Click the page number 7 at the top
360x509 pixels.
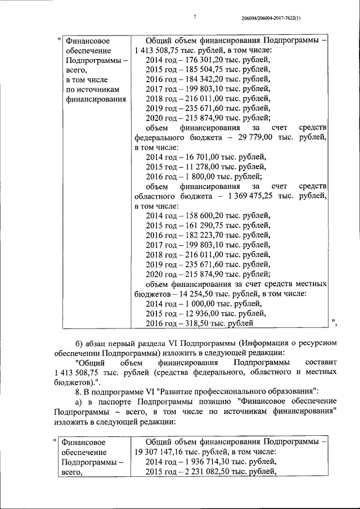click(x=194, y=17)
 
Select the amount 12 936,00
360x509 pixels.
click(x=199, y=313)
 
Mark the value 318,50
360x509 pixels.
click(x=196, y=323)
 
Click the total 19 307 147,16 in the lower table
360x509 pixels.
click(x=163, y=451)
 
